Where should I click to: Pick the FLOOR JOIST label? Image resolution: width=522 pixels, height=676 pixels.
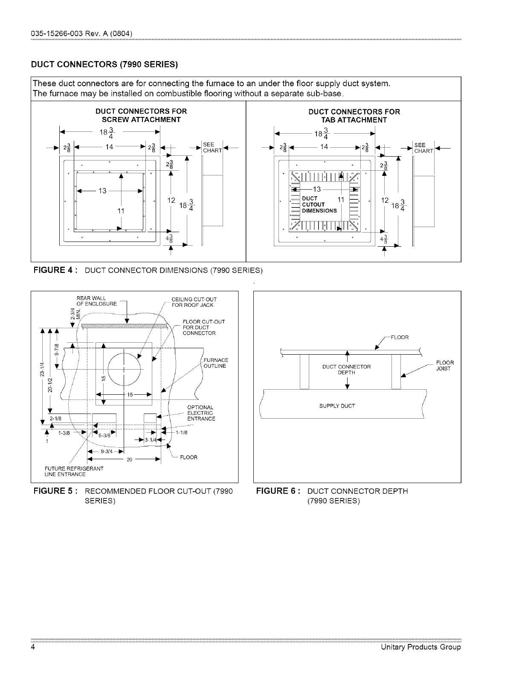click(445, 366)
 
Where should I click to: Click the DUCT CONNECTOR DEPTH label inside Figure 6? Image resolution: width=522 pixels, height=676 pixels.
click(346, 370)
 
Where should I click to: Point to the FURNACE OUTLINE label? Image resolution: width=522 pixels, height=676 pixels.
click(216, 363)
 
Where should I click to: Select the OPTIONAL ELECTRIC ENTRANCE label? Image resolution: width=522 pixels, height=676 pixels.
click(201, 413)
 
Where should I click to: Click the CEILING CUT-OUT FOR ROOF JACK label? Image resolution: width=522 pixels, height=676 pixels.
click(192, 302)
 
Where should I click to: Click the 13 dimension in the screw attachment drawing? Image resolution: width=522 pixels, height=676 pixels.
click(103, 190)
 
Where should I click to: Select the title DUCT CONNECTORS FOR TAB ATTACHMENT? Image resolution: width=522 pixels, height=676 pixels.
click(354, 116)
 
